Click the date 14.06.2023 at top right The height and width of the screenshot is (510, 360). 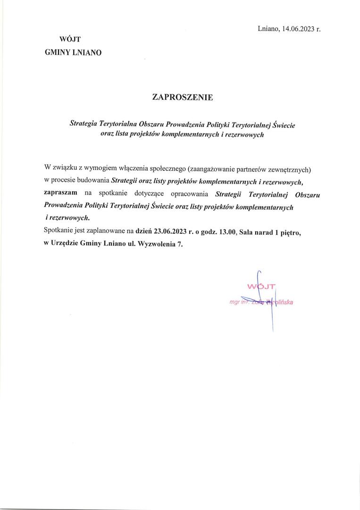(x=299, y=29)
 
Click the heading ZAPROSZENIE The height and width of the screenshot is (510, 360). (x=183, y=97)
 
